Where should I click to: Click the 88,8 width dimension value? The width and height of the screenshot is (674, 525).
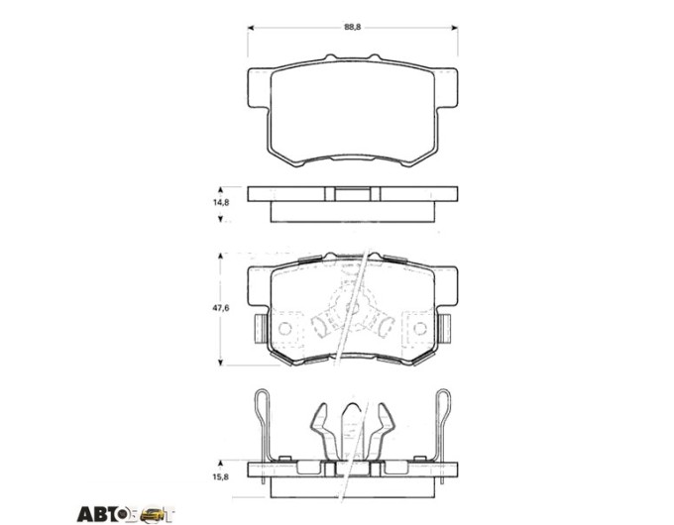pos(352,27)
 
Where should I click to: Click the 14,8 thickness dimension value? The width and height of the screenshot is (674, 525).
pos(221,202)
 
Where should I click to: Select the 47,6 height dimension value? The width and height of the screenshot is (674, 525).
pos(221,308)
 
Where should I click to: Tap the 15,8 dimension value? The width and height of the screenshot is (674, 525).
pos(221,476)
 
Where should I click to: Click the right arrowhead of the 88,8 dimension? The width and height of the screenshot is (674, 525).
pos(454,28)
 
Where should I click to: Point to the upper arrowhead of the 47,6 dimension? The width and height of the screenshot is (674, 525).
pos(220,256)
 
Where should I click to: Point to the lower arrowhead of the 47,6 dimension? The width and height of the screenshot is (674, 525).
pos(220,363)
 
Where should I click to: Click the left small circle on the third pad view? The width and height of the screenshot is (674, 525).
pos(284,329)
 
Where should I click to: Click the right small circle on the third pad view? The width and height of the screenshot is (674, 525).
pos(420,329)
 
